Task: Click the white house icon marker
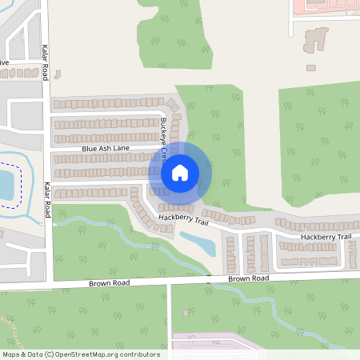(x=180, y=172)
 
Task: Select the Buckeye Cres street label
(x=166, y=136)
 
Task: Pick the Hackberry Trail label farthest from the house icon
(x=326, y=237)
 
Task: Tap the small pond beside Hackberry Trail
(x=197, y=242)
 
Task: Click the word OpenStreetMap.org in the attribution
(x=94, y=354)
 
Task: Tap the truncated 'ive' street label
(x=4, y=62)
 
